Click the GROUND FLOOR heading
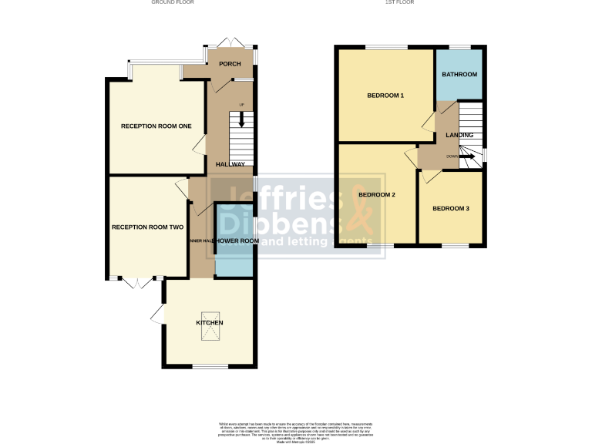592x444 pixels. (173, 3)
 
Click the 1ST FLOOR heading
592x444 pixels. (400, 3)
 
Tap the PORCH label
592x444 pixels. (230, 64)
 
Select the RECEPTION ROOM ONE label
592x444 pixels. (156, 126)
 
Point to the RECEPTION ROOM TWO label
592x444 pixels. (147, 227)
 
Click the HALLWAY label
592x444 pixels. (230, 164)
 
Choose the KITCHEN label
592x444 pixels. (209, 322)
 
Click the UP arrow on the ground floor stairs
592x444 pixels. (241, 118)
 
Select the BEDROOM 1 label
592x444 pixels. (385, 96)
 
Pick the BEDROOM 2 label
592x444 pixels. (376, 195)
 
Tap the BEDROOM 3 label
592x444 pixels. (450, 209)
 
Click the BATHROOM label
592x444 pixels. (459, 75)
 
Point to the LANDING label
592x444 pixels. (459, 136)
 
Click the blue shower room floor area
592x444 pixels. (234, 262)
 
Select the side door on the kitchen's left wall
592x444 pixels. (157, 314)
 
